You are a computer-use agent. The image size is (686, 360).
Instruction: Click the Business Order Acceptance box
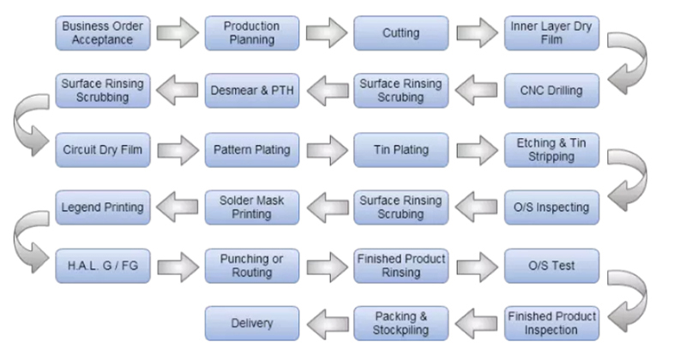tap(103, 33)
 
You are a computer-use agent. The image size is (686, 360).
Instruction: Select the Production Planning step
tap(252, 33)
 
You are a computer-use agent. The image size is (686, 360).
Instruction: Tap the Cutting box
tap(401, 33)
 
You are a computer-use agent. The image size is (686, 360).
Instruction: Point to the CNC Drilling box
tap(551, 91)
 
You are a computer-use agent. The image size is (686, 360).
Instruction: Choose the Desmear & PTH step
tap(252, 91)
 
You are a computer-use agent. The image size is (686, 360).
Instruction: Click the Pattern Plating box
tap(252, 150)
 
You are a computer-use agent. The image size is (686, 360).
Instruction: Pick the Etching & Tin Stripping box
tap(551, 150)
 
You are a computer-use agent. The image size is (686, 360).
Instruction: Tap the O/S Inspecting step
tap(551, 207)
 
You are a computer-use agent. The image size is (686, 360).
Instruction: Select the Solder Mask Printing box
tap(252, 207)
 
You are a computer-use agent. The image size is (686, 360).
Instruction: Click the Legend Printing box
tap(103, 207)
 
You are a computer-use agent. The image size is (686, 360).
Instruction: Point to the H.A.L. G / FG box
tap(103, 266)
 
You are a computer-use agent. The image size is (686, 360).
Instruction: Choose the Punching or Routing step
tap(252, 266)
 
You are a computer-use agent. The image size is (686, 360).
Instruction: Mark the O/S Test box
tap(551, 266)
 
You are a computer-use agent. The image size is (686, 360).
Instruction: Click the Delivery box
tap(252, 323)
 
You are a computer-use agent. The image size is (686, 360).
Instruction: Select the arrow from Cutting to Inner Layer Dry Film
tap(477, 33)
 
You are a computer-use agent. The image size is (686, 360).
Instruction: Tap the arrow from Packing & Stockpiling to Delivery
tap(328, 324)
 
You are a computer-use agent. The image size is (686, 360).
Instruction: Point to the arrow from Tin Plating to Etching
tap(477, 150)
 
